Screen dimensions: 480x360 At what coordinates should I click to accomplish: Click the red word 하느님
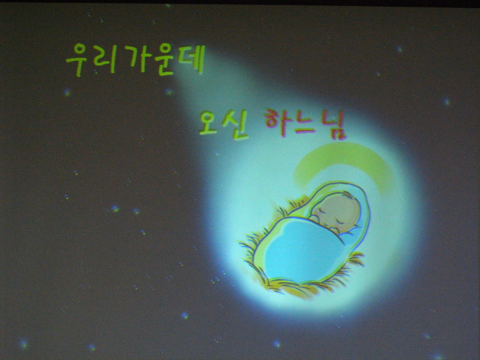click(306, 124)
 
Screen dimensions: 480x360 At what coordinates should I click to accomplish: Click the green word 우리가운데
click(135, 60)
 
